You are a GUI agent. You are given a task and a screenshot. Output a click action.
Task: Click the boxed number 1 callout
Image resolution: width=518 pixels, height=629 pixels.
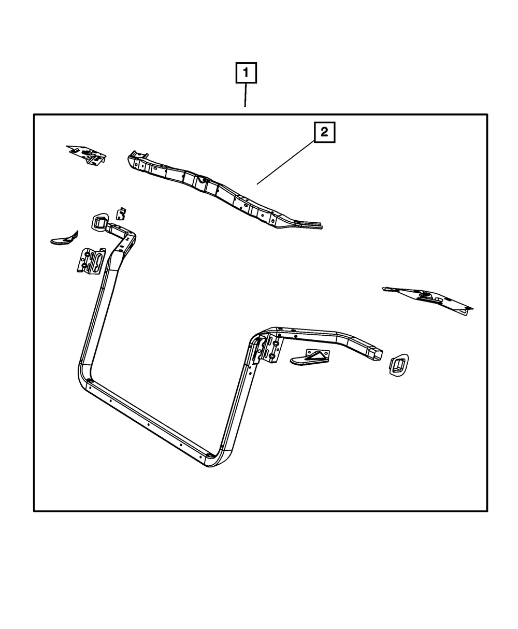pos(246,74)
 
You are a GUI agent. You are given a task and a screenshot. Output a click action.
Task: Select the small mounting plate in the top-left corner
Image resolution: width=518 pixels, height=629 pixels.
pos(87,153)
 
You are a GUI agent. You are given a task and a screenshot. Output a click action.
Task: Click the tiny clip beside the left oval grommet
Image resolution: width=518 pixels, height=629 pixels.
pos(122,213)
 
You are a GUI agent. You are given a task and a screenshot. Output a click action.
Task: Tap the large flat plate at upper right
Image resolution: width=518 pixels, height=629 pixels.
pos(428,299)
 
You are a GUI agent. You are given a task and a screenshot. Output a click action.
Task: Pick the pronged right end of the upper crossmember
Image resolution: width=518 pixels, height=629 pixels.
pos(311,224)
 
